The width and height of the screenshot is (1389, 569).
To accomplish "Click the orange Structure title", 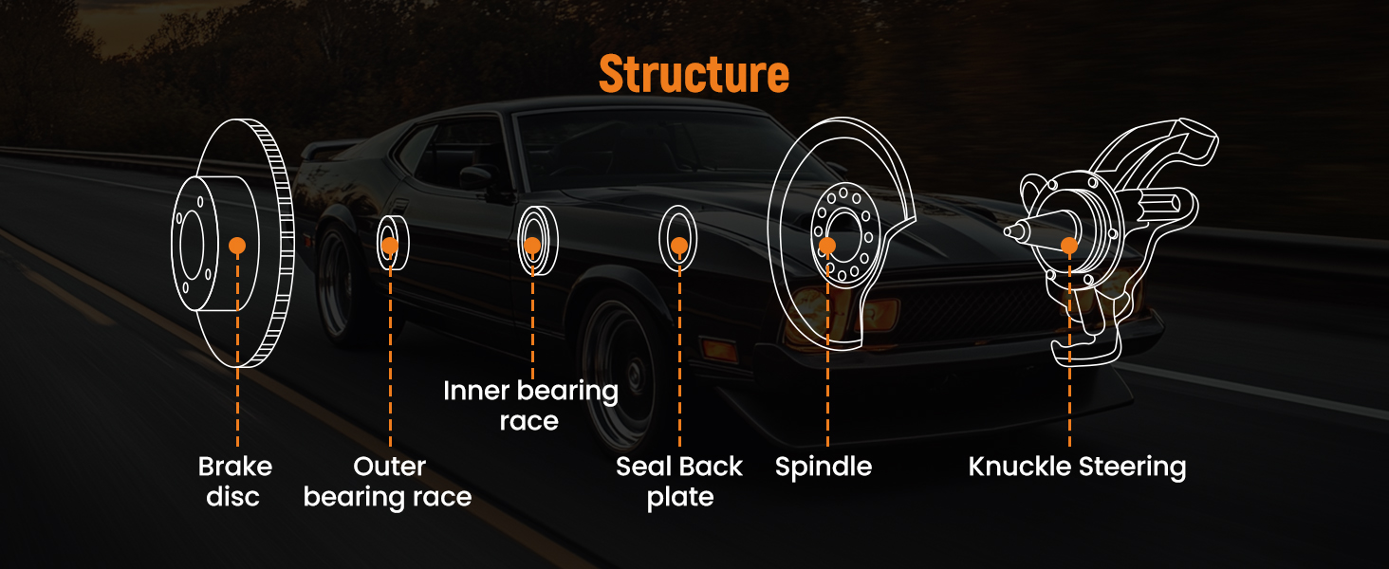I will coord(694,73).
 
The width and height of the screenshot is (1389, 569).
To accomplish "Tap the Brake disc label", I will coord(234,481).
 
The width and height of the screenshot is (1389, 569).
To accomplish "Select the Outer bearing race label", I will coord(388,481).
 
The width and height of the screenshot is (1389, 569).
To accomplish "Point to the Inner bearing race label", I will coord(530,405).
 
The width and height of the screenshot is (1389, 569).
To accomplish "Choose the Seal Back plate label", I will coord(679,481).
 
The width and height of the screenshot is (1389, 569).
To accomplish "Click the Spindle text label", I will coord(823,467).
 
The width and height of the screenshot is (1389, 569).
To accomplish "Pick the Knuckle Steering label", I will coord(1077,467).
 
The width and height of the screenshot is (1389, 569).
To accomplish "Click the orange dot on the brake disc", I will coord(237,246).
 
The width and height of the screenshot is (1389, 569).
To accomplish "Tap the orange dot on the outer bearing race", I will coord(390,246).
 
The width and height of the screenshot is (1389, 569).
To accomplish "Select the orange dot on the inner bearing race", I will coord(532,246).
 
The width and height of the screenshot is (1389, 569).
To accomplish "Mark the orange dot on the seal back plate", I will coord(679,246).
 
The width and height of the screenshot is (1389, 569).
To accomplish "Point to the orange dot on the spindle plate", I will coord(827,246).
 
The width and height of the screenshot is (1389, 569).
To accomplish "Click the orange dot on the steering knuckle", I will coord(1069,246).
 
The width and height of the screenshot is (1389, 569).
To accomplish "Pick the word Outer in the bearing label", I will coord(389,467).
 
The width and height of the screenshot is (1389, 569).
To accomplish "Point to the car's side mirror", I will coord(473,177).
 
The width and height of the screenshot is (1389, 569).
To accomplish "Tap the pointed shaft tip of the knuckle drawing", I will coord(1009,229).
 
